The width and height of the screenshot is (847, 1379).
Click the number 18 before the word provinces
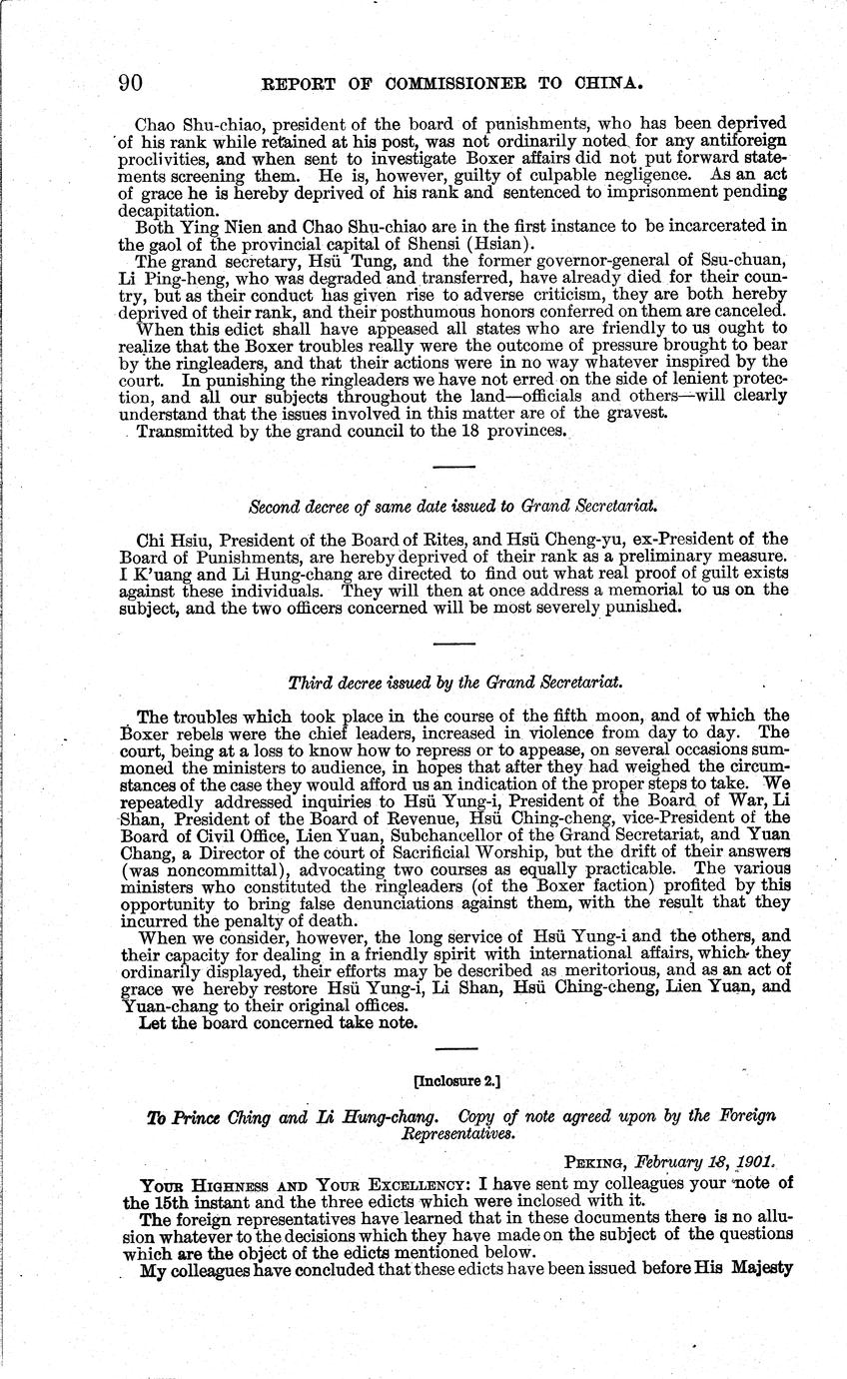click(x=445, y=431)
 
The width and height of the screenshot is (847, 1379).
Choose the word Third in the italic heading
click(x=308, y=684)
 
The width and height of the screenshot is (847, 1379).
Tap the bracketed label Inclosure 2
click(x=456, y=1080)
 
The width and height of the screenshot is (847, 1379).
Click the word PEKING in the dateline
click(x=597, y=1162)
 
